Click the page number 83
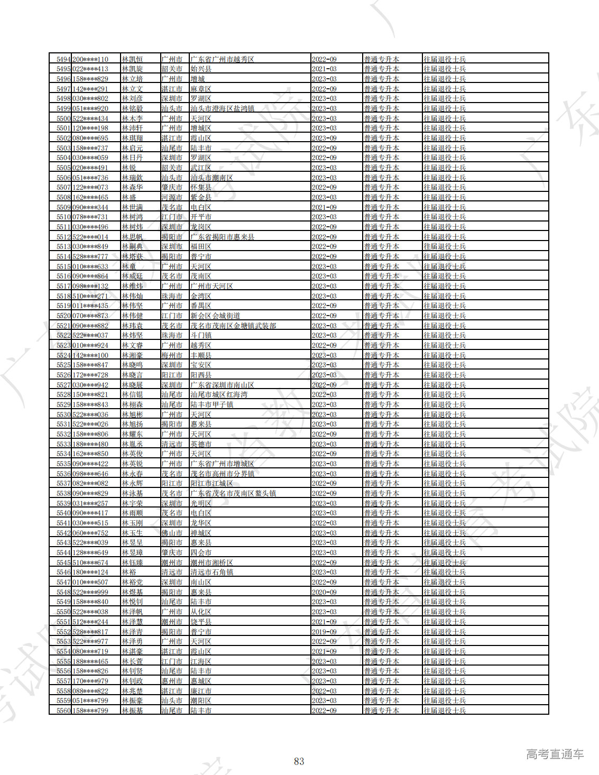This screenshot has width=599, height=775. click(x=299, y=761)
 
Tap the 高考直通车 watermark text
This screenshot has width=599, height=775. click(x=555, y=754)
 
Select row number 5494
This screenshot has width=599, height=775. click(x=63, y=59)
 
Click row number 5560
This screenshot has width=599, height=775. click(x=63, y=711)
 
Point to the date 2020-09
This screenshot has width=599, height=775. click(x=324, y=592)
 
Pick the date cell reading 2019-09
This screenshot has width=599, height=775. click(x=324, y=632)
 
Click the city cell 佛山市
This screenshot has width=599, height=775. click(x=172, y=533)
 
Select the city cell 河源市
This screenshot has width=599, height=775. click(x=172, y=197)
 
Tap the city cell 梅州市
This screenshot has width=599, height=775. click(x=172, y=355)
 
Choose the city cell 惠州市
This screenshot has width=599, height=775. click(x=172, y=681)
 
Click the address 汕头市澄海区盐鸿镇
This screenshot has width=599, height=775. click(x=222, y=108)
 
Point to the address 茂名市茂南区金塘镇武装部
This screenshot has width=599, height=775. click(x=233, y=326)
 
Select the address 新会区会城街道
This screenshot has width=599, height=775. click(x=215, y=316)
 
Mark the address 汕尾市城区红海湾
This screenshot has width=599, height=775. click(x=219, y=394)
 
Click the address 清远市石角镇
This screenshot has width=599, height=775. click(x=211, y=572)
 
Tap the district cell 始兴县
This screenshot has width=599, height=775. click(x=201, y=69)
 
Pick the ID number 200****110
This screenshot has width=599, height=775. click(x=90, y=59)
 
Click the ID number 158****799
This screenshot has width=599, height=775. click(x=90, y=711)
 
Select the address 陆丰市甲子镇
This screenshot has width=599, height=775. click(x=211, y=404)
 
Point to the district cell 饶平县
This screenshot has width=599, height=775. click(x=201, y=622)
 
